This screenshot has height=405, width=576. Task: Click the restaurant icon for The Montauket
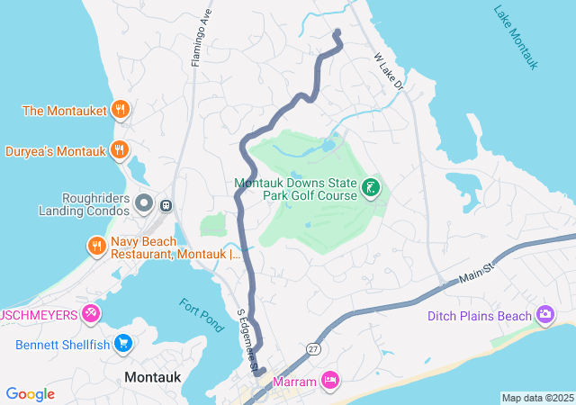point(120,111)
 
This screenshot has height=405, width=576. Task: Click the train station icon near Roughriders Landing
point(166,205)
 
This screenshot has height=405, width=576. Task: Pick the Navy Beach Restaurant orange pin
point(96,245)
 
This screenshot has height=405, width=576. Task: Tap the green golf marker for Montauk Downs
point(370,188)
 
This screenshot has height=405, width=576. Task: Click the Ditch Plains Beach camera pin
point(544,315)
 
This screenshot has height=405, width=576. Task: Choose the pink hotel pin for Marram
point(330,382)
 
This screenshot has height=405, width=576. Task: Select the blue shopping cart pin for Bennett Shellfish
point(124,344)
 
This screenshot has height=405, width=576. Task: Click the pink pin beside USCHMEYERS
point(90,314)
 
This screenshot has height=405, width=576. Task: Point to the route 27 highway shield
point(313,347)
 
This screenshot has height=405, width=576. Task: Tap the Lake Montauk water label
point(516,38)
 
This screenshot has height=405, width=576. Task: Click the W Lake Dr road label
point(389,74)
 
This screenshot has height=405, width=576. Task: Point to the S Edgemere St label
point(247,340)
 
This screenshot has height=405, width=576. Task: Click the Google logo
point(31,394)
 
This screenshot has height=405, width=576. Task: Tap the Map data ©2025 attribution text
point(537,398)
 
